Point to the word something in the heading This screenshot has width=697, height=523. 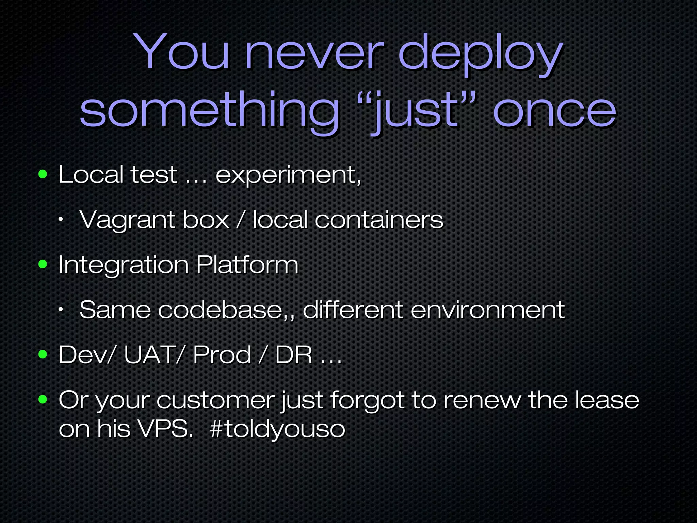[209, 112]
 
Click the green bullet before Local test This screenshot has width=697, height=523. [43, 174]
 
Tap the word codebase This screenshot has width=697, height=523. [223, 310]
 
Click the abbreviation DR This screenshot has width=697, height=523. [293, 354]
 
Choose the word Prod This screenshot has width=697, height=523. [222, 354]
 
